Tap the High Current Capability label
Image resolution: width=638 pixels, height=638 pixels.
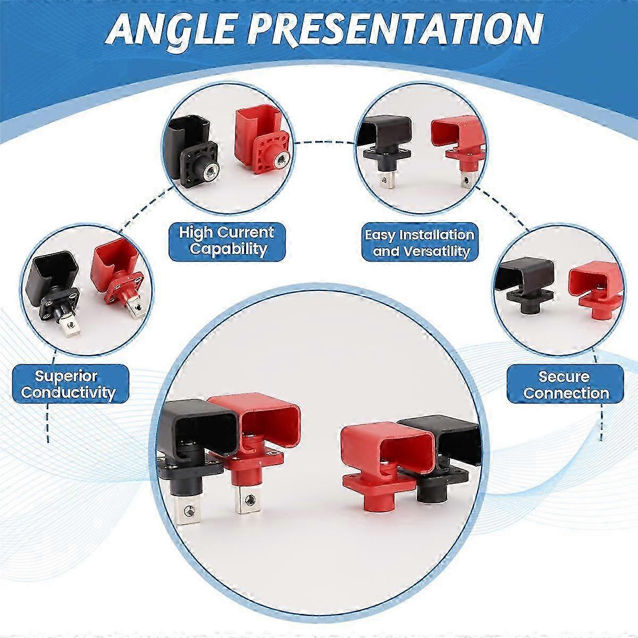(x=225, y=240)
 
